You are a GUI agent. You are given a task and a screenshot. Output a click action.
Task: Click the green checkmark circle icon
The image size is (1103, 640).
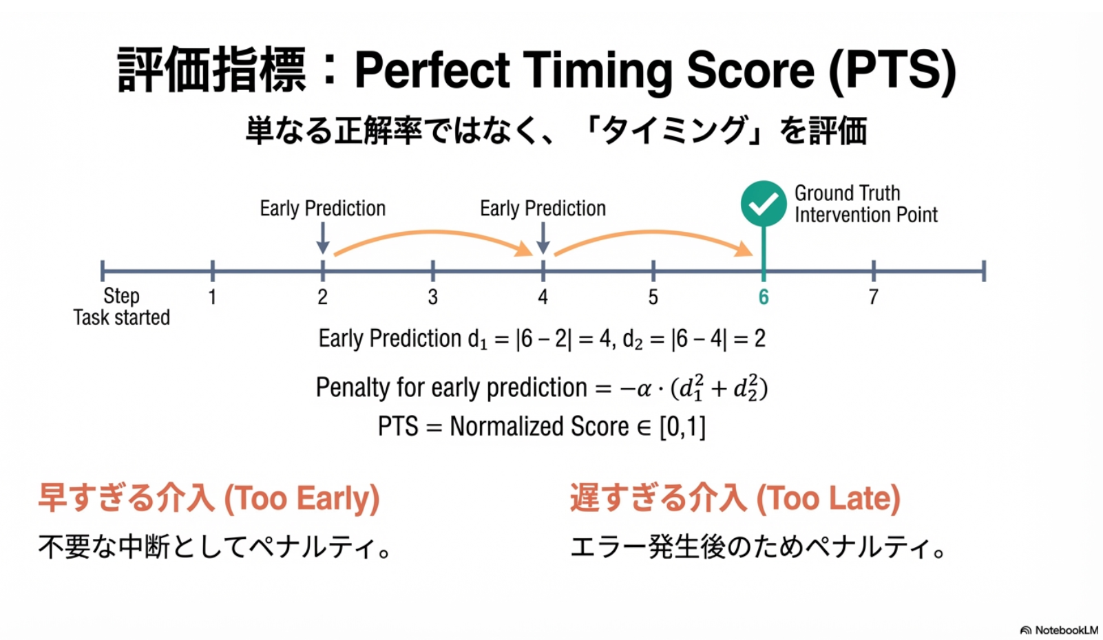[x=764, y=203]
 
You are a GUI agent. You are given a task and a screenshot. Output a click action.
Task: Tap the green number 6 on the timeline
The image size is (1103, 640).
[x=764, y=297]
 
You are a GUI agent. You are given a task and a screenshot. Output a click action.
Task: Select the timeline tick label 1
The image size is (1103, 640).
[x=212, y=297]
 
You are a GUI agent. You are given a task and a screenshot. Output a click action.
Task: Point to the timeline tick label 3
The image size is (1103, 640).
[x=432, y=297]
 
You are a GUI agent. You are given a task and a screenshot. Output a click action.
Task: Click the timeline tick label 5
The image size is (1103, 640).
[x=653, y=297]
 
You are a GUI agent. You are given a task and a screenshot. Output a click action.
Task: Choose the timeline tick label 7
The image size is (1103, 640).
[x=873, y=297]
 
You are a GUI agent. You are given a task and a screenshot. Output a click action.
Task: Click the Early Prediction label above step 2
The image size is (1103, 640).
[x=322, y=209]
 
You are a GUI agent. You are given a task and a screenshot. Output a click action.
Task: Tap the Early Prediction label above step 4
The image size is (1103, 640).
[x=543, y=209]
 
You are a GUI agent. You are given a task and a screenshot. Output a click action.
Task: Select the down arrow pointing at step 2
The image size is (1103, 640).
[x=322, y=238]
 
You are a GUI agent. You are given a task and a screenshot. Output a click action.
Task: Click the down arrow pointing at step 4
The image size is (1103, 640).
[x=543, y=238]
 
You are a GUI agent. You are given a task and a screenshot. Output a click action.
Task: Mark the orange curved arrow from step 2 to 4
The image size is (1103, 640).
[x=433, y=233]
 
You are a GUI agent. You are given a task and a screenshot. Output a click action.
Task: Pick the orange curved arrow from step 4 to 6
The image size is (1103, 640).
[x=653, y=233]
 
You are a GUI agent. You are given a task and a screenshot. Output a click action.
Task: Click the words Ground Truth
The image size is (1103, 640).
[x=847, y=193]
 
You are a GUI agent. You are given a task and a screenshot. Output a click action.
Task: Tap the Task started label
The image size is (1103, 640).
[x=122, y=317]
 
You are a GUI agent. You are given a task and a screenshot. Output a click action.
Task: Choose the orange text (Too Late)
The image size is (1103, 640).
[x=828, y=498]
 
